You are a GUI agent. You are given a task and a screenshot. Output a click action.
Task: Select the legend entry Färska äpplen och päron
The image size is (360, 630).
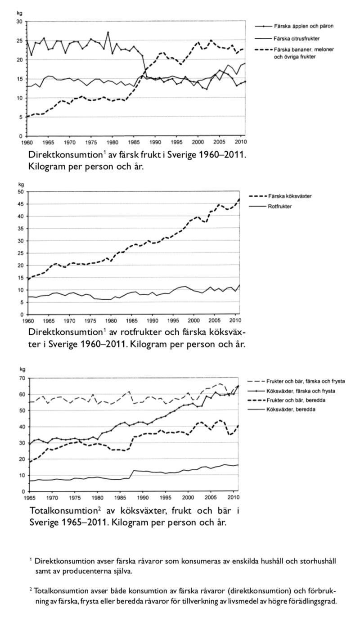303,26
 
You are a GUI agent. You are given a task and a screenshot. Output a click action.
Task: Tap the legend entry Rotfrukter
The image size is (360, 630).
280,207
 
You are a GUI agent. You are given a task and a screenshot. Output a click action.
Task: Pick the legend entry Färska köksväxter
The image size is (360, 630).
290,196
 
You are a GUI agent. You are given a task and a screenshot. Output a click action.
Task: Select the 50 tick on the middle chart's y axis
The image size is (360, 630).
20,192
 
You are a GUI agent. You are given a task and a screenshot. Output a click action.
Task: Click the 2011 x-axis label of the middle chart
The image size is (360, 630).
238,320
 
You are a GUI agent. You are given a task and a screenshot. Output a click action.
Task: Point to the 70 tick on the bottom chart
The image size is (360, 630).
20,378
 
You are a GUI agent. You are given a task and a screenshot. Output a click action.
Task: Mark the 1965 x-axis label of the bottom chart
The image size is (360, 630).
30,498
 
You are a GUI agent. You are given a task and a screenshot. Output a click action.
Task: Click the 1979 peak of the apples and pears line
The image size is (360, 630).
108,32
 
